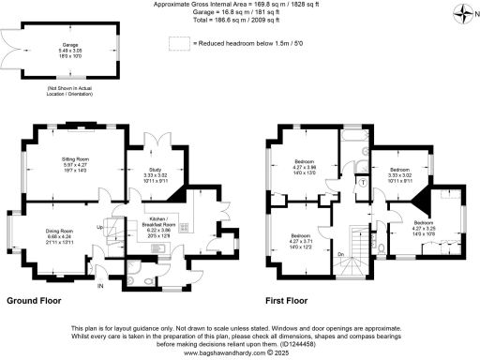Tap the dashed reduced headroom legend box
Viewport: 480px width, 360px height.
click(177, 43)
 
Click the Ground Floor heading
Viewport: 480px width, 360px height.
click(36, 302)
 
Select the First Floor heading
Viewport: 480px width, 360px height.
click(287, 302)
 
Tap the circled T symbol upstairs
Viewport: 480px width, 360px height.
click(361, 182)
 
